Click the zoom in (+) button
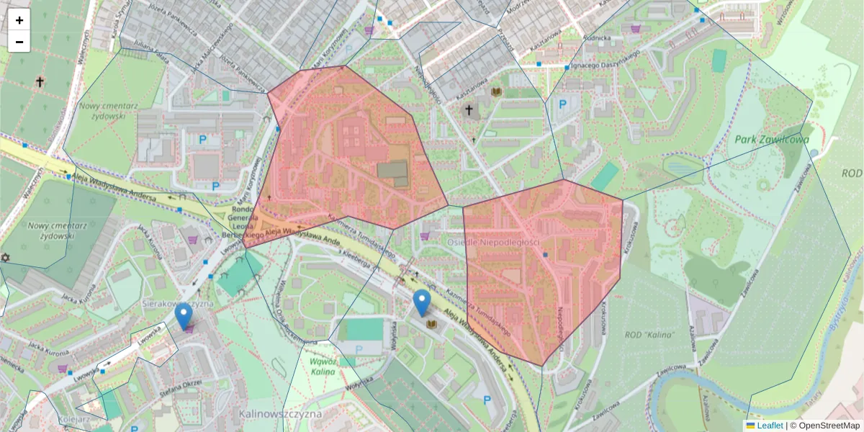(19, 21)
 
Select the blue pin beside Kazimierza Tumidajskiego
(422, 302)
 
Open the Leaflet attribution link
(769, 426)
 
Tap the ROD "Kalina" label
(650, 335)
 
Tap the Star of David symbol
(5, 258)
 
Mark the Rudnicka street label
(598, 37)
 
